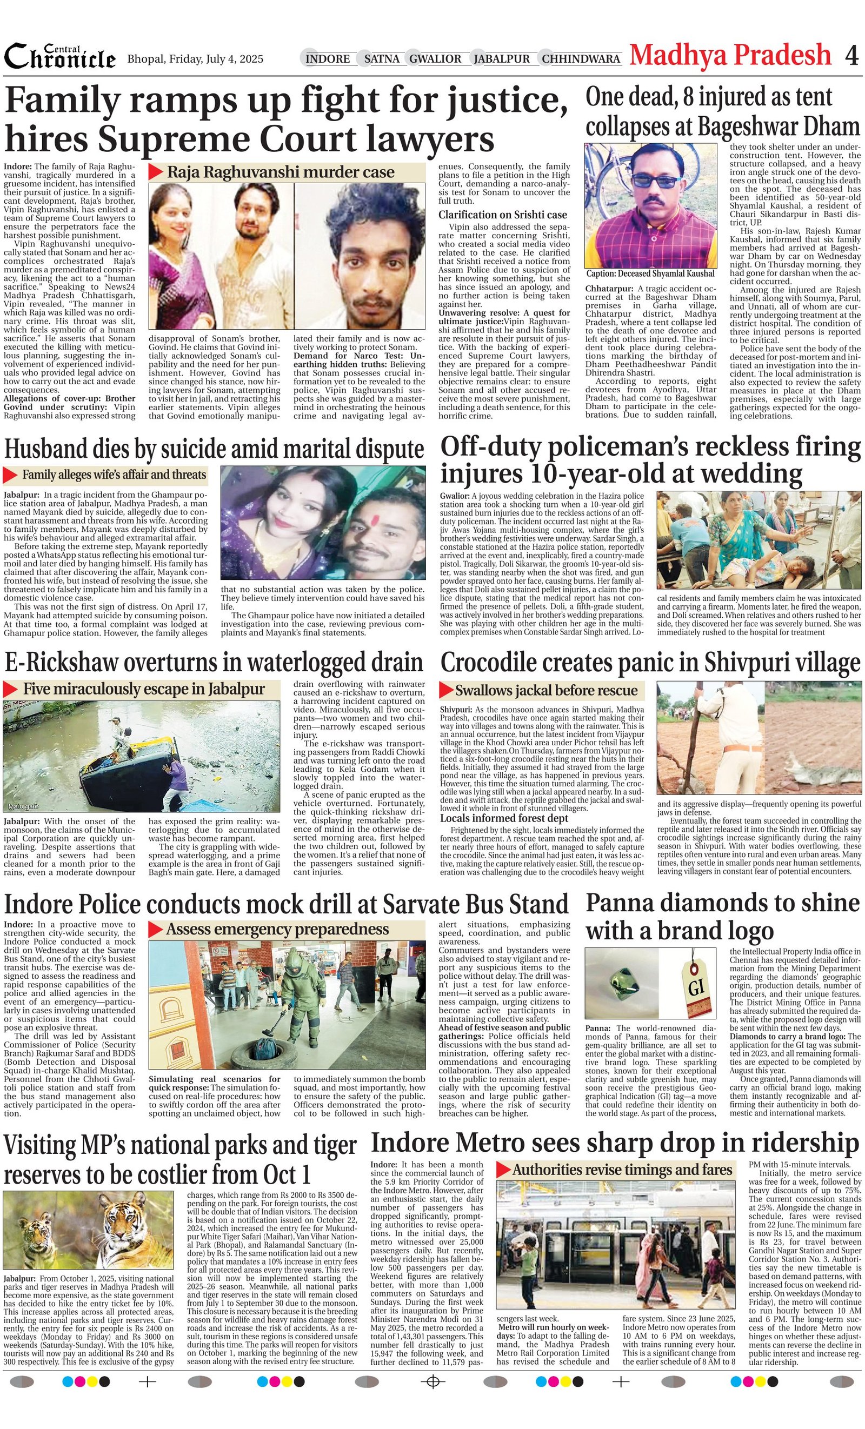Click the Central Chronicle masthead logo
(x=60, y=57)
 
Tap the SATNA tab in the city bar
(x=382, y=58)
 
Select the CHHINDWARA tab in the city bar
(x=581, y=58)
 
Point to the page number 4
(x=851, y=56)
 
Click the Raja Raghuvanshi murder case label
(x=281, y=172)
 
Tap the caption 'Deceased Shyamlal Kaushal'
(x=650, y=273)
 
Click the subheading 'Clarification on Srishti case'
(x=502, y=215)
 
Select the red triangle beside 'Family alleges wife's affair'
(x=10, y=475)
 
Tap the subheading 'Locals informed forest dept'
(x=503, y=818)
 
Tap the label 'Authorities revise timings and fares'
(x=621, y=1170)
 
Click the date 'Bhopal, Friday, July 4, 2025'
(x=195, y=59)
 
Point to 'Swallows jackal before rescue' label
(x=546, y=690)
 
